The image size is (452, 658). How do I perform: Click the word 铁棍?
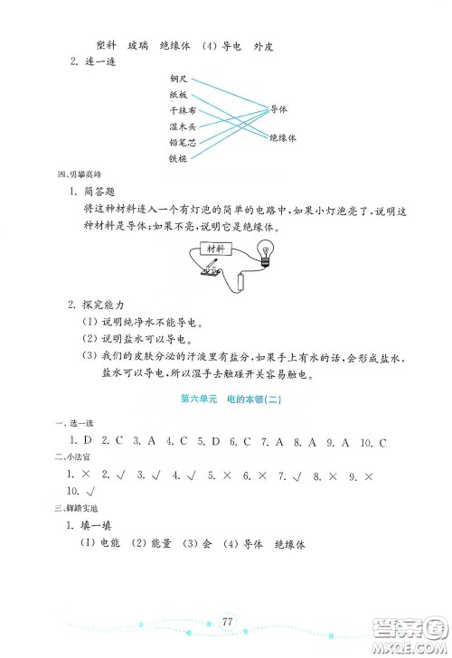[178, 158]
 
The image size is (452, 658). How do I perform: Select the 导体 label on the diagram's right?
[279, 108]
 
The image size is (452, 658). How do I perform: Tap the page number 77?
[227, 620]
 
